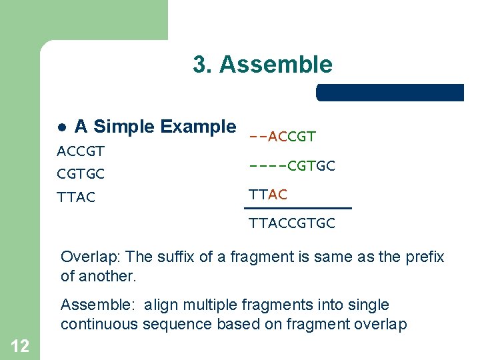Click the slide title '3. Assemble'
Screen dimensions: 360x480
(x=262, y=65)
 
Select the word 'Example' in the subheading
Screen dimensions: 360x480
(x=199, y=127)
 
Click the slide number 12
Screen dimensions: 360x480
(x=19, y=345)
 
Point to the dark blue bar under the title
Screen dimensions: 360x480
(x=389, y=93)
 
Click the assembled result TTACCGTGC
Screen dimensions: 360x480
(x=291, y=224)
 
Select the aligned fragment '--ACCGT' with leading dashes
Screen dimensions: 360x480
(x=282, y=137)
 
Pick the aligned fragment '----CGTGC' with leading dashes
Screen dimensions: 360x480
(x=291, y=165)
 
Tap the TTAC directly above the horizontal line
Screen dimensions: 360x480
(x=268, y=195)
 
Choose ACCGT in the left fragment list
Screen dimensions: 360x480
(x=81, y=151)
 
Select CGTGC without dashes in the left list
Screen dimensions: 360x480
(x=81, y=174)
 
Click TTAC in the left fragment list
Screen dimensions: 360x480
(x=76, y=197)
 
